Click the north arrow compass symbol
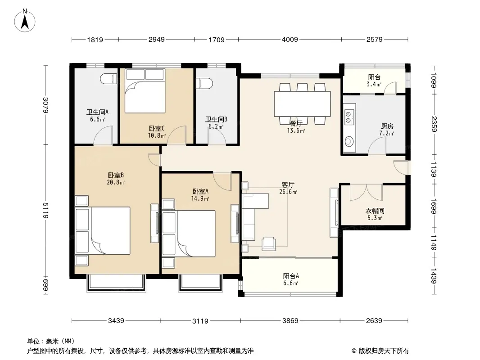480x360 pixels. pyautogui.click(x=25, y=21)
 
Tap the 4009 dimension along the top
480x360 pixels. pyautogui.click(x=290, y=40)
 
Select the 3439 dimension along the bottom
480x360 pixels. pyautogui.click(x=116, y=320)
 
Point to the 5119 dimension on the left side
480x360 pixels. pyautogui.click(x=45, y=211)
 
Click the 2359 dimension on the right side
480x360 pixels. pyautogui.click(x=434, y=124)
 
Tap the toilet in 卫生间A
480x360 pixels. pyautogui.click(x=109, y=79)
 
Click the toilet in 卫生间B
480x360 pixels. pyautogui.click(x=204, y=84)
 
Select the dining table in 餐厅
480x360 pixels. pyautogui.click(x=302, y=103)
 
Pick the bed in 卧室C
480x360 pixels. pyautogui.click(x=145, y=90)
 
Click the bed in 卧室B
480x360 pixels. pyautogui.click(x=103, y=230)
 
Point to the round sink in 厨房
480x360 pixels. pyautogui.click(x=349, y=142)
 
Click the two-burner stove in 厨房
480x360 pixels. pyautogui.click(x=349, y=117)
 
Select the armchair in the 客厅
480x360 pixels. pyautogui.click(x=268, y=244)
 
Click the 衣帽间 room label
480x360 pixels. pyautogui.click(x=375, y=211)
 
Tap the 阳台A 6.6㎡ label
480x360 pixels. pyautogui.click(x=291, y=279)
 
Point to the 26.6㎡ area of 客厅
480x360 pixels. pyautogui.click(x=288, y=192)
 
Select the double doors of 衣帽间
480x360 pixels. pyautogui.click(x=367, y=192)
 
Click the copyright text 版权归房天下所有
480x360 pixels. pyautogui.click(x=384, y=351)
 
